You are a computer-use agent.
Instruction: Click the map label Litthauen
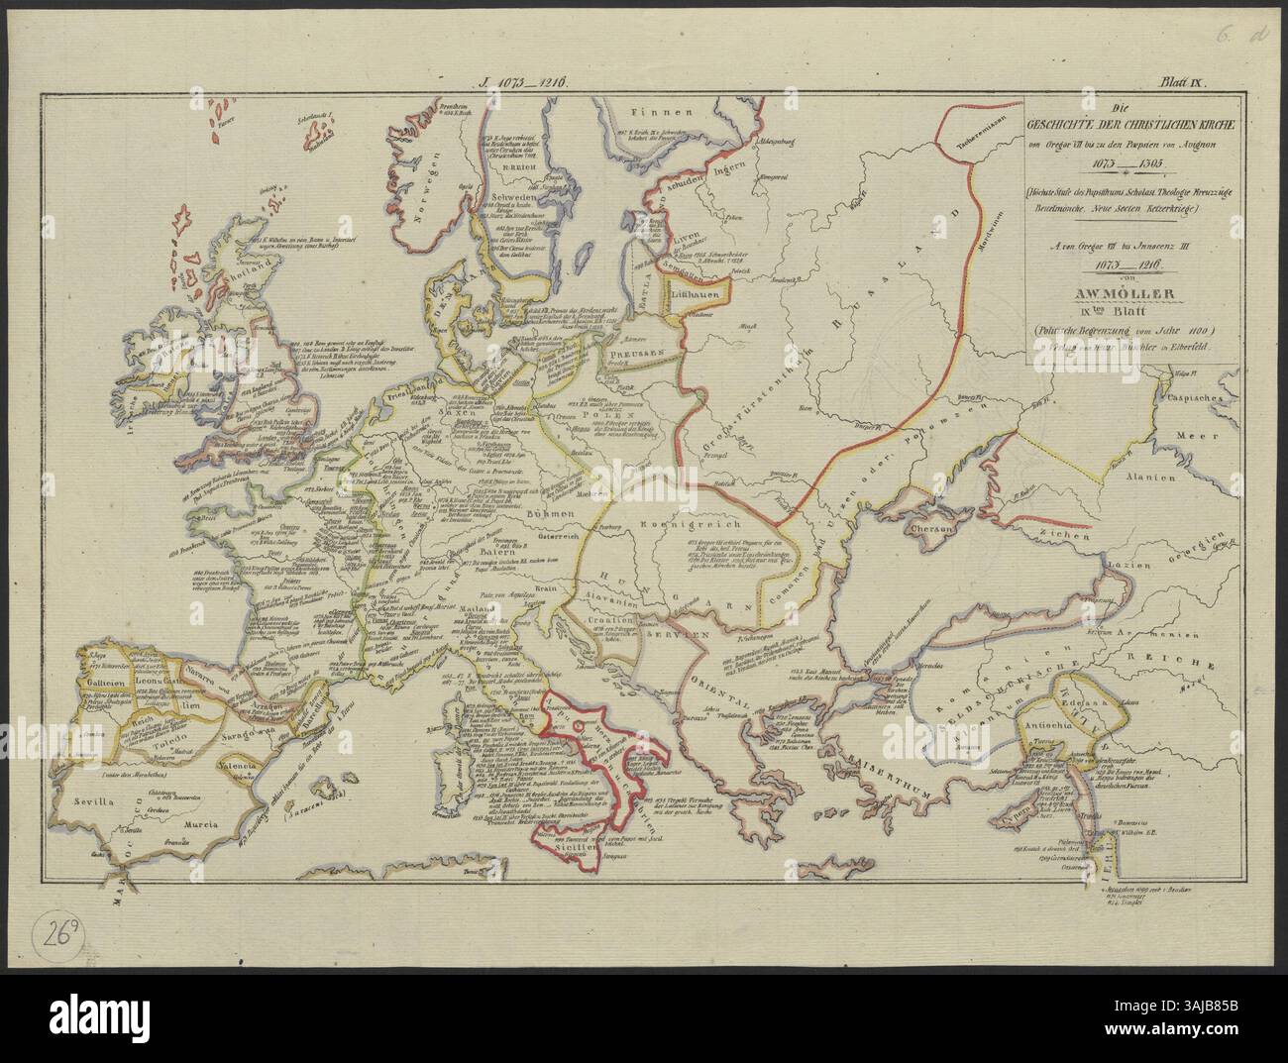click(x=698, y=295)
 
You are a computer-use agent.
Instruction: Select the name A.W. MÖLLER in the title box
click(x=1121, y=292)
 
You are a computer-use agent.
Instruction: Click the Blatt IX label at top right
click(x=1180, y=84)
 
